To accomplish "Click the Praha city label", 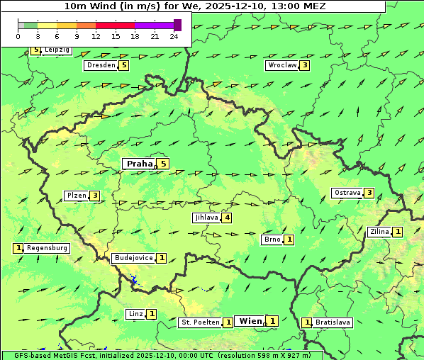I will pyautogui.click(x=139, y=164).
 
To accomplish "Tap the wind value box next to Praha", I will pyautogui.click(x=164, y=164).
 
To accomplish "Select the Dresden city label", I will pyautogui.click(x=101, y=65).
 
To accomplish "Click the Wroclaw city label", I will pyautogui.click(x=281, y=65).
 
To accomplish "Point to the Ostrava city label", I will pyautogui.click(x=347, y=193).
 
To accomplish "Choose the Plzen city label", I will pyautogui.click(x=76, y=196).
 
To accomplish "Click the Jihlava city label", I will pyautogui.click(x=206, y=218).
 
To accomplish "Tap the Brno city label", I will pyautogui.click(x=272, y=240).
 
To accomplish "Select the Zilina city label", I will pyautogui.click(x=379, y=232).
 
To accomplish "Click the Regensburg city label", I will pyautogui.click(x=48, y=248).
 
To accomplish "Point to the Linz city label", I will pyautogui.click(x=136, y=314).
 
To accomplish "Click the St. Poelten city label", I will pyautogui.click(x=199, y=322).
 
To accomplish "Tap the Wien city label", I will pyautogui.click(x=251, y=321).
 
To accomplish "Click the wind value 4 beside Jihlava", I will pyautogui.click(x=227, y=218).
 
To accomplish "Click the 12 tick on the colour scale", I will pyautogui.click(x=96, y=35).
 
